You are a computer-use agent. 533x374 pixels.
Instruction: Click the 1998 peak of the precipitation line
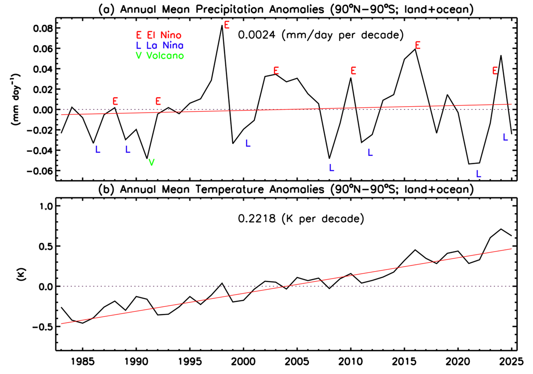[222, 25]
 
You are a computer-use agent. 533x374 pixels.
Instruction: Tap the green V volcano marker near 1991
[151, 162]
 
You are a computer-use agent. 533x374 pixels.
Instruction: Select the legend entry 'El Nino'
[165, 35]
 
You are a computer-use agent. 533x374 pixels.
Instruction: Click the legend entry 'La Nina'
[165, 45]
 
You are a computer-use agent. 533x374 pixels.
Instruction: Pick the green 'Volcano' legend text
[165, 56]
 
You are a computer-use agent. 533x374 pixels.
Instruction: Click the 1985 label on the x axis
[82, 360]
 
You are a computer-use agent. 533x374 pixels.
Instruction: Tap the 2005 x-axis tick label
[297, 360]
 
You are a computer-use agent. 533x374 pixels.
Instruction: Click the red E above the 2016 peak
[418, 45]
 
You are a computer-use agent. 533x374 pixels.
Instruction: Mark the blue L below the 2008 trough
[332, 168]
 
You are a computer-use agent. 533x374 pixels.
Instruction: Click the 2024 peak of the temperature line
[501, 229]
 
